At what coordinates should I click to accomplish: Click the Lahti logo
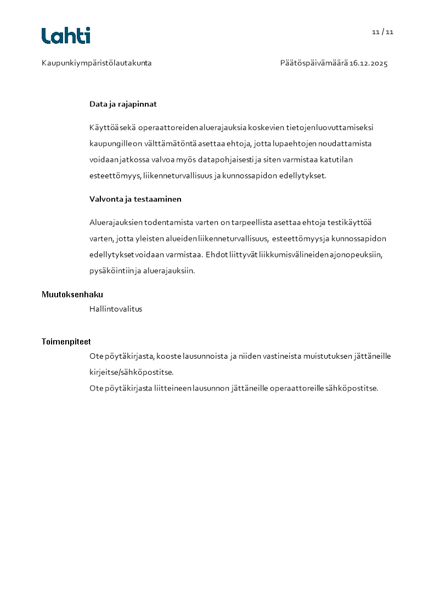click(66, 36)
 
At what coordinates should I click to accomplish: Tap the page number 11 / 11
click(382, 32)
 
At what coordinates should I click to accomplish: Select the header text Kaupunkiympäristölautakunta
click(97, 63)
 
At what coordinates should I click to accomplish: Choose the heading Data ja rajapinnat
click(123, 104)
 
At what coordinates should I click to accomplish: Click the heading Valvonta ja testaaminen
click(135, 199)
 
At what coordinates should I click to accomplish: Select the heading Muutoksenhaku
click(72, 295)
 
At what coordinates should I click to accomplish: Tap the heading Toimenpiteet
click(66, 342)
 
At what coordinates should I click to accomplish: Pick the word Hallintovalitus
click(116, 309)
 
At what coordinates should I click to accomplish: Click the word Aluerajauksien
click(116, 222)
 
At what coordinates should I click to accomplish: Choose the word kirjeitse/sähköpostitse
click(132, 372)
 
